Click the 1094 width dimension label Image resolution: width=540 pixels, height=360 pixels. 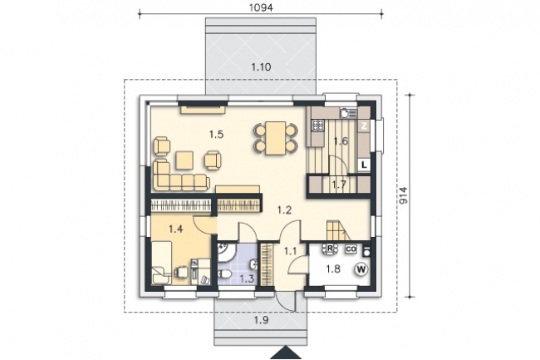(261, 7)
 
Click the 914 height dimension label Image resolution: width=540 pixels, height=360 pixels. (403, 195)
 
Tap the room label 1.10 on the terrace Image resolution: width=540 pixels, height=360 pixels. (261, 67)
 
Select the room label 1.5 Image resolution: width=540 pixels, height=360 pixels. (216, 135)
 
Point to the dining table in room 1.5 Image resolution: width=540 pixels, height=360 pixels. (275, 138)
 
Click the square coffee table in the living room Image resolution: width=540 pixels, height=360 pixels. (184, 161)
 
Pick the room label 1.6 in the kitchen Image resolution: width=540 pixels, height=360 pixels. (341, 141)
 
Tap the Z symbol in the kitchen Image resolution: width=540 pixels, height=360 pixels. (364, 126)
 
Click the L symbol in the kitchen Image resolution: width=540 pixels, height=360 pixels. (364, 165)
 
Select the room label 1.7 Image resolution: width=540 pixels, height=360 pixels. (339, 185)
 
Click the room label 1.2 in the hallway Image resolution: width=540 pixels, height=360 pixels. (284, 210)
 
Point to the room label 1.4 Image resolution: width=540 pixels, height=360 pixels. (175, 229)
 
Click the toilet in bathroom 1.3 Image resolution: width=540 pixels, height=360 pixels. (225, 274)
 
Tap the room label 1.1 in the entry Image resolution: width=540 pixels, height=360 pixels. (290, 251)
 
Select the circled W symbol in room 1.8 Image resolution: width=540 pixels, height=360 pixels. (361, 269)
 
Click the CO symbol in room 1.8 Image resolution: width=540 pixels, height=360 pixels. (351, 249)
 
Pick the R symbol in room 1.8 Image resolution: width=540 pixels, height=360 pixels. (330, 249)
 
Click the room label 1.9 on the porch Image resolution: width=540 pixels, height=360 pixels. (261, 320)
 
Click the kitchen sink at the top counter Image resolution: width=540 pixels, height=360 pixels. (346, 112)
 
